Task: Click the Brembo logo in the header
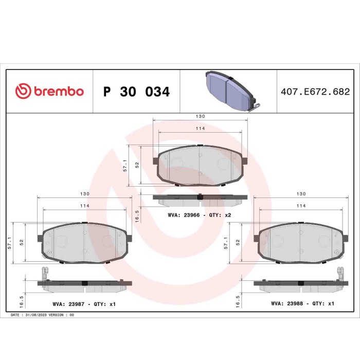coord(49,92)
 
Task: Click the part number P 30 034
coord(136,92)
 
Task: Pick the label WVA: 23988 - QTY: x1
coord(302,304)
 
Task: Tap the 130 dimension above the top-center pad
coord(200,116)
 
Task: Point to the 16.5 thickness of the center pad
coord(137,214)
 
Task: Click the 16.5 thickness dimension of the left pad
coord(21,300)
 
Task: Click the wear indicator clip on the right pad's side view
coord(339,274)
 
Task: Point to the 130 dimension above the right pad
coord(301,194)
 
